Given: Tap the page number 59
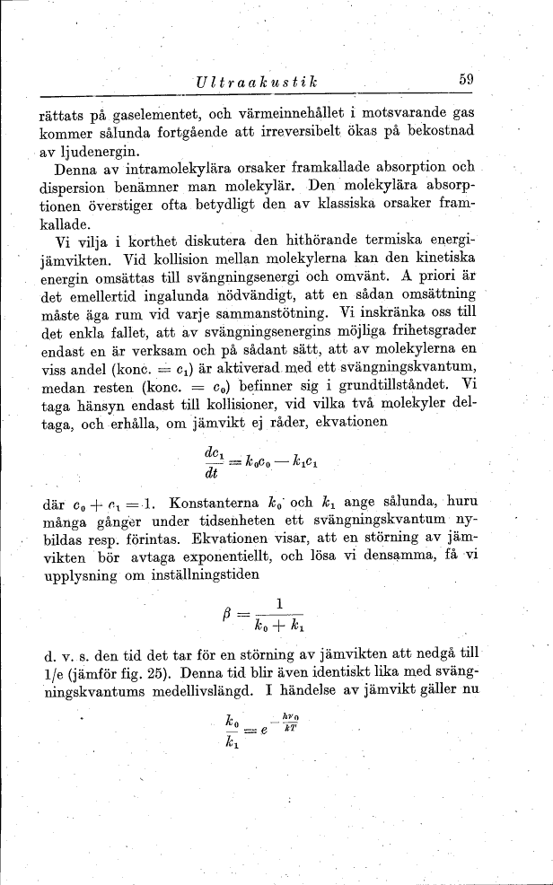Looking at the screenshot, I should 464,79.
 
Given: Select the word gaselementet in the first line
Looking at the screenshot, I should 148,115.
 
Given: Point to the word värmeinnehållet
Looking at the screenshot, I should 289,115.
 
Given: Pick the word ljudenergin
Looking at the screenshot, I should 92,151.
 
